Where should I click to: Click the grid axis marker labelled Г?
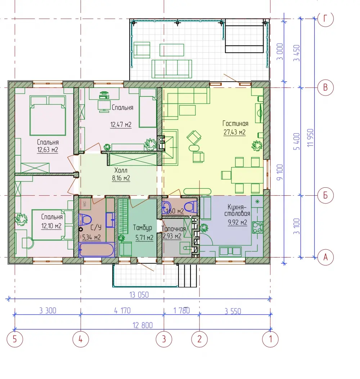click(x=325, y=19)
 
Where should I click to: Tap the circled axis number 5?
click(x=15, y=339)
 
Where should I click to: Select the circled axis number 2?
click(x=199, y=339)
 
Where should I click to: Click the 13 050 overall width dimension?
click(x=139, y=295)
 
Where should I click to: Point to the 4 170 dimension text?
click(x=122, y=310)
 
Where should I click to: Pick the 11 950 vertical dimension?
click(x=310, y=138)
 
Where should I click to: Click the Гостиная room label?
click(x=235, y=124)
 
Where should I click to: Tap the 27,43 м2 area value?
click(x=234, y=132)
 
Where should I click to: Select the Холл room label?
click(x=121, y=170)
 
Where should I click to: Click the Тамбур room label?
click(x=142, y=228)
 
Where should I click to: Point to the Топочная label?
click(x=174, y=229)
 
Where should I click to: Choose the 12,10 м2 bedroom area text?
click(x=51, y=226)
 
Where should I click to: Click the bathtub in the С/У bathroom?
click(x=96, y=250)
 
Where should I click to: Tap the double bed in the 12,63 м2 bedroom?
click(x=48, y=115)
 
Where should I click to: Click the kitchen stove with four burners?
click(x=257, y=227)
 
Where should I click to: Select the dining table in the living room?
click(x=247, y=175)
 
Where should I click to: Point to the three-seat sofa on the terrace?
click(x=172, y=69)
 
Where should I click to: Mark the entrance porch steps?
click(x=188, y=276)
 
